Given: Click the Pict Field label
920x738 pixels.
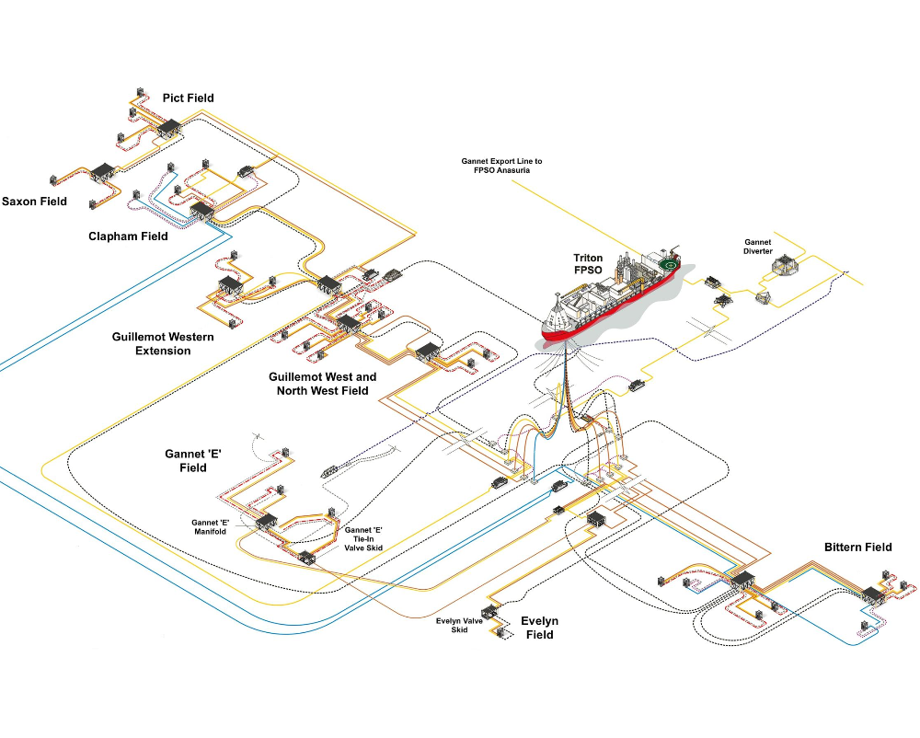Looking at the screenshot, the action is (x=188, y=98).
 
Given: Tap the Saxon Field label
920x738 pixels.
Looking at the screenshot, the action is (x=34, y=202).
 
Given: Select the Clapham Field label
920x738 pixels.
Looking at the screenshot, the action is (x=128, y=236).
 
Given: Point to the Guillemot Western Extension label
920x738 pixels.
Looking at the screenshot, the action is (x=163, y=344).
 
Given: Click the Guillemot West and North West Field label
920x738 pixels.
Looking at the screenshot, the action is (x=323, y=384).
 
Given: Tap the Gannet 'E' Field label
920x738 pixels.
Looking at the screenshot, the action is (x=193, y=460).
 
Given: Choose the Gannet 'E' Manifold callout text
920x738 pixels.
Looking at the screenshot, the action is (x=210, y=526).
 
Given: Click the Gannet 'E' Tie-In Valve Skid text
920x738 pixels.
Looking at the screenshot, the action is (x=363, y=538).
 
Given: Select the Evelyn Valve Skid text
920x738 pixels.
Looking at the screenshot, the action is (x=459, y=626).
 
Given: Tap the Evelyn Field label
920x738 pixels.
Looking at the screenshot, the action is (x=540, y=628).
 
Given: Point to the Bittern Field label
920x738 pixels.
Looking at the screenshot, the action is (x=857, y=548).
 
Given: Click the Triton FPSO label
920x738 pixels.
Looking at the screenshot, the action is (x=588, y=264).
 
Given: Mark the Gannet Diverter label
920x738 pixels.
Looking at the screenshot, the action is (x=758, y=247).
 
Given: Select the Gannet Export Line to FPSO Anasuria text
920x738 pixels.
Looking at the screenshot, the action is (x=501, y=166).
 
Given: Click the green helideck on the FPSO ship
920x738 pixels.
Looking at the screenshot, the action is (x=668, y=265).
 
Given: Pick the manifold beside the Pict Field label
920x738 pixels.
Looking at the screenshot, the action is (x=169, y=127).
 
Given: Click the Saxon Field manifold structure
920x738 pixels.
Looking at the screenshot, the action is (x=103, y=172).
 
